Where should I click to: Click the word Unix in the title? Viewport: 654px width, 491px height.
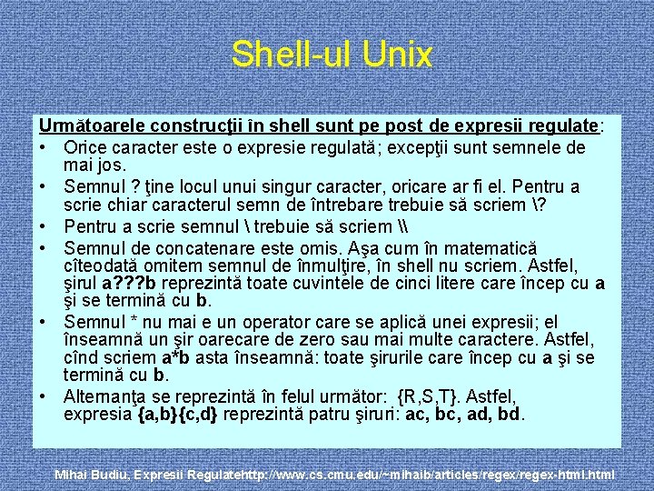398,55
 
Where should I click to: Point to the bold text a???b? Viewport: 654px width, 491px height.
134,283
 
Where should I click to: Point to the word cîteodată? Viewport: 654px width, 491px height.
103,266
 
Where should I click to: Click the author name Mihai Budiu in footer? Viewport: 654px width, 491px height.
94,475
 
